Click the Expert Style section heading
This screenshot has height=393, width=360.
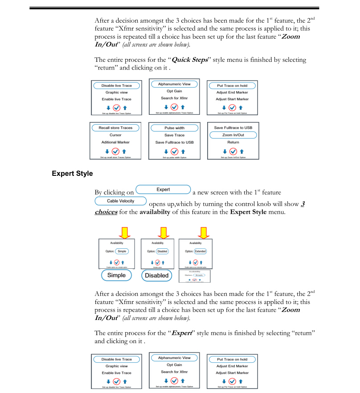(72, 173)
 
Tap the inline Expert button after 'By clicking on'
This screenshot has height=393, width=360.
(163, 190)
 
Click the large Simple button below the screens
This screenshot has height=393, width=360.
(116, 275)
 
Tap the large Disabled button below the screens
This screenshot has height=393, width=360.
(157, 276)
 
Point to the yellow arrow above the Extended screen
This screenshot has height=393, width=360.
(204, 232)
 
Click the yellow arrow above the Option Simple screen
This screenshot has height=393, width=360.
(125, 232)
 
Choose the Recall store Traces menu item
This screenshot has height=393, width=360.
(115, 128)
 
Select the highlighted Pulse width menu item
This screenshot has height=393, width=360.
(174, 128)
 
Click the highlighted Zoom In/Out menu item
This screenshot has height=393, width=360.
(233, 135)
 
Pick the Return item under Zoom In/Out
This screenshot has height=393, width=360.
(233, 142)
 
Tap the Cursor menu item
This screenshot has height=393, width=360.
(115, 135)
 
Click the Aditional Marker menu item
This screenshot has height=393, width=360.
(115, 142)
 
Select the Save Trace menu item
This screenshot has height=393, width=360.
(174, 135)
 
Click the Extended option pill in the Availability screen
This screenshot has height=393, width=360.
(200, 251)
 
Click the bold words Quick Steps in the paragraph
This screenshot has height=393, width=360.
(190, 60)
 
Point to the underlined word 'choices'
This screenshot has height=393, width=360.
(106, 212)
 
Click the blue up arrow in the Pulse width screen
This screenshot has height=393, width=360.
(184, 151)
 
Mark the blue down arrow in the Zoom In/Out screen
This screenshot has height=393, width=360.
(224, 151)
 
